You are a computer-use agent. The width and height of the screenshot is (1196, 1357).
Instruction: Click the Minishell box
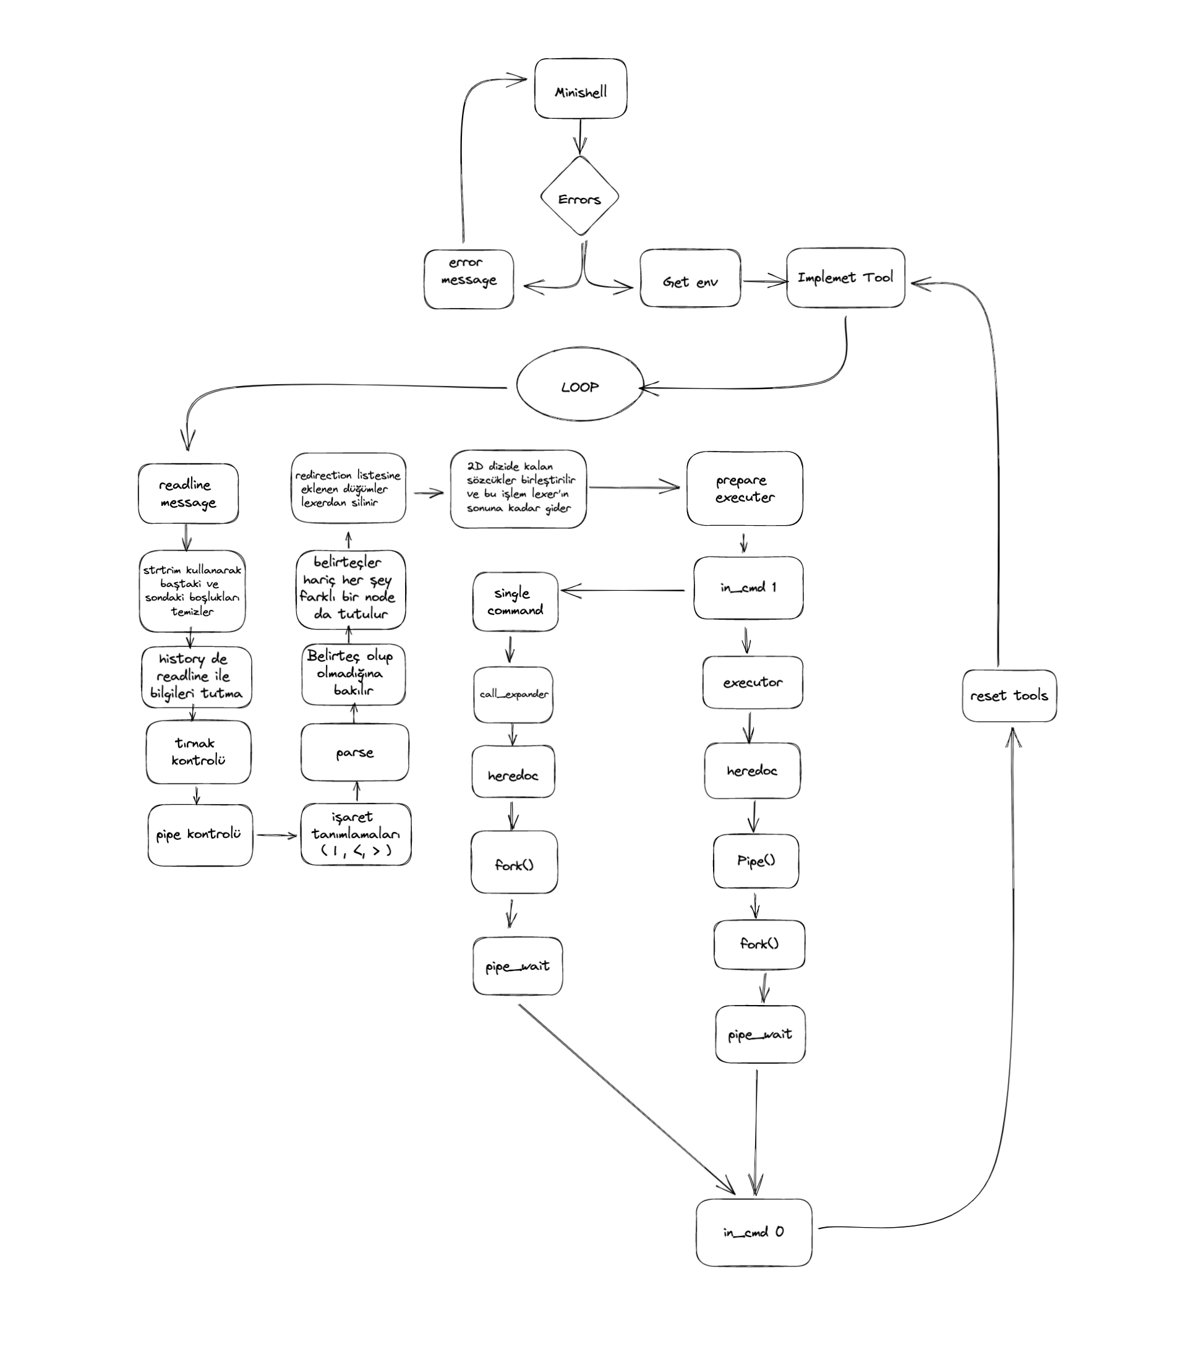pyautogui.click(x=580, y=89)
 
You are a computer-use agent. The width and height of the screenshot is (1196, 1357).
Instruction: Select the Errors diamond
pyautogui.click(x=579, y=197)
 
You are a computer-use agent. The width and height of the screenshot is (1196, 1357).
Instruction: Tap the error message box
pyautogui.click(x=469, y=280)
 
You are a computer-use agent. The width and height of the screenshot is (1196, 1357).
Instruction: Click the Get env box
pyautogui.click(x=690, y=279)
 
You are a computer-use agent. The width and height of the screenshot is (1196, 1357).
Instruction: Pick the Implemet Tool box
pyautogui.click(x=845, y=278)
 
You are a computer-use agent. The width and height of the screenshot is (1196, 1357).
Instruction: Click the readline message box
pyautogui.click(x=188, y=494)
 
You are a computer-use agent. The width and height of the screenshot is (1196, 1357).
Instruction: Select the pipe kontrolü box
pyautogui.click(x=200, y=835)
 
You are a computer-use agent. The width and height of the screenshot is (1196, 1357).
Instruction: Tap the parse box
pyautogui.click(x=354, y=752)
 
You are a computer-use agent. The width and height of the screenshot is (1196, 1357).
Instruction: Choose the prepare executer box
pyautogui.click(x=744, y=489)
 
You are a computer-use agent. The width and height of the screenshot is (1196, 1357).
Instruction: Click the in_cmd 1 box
pyautogui.click(x=748, y=588)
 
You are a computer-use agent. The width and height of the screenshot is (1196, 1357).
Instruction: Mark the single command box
pyautogui.click(x=515, y=601)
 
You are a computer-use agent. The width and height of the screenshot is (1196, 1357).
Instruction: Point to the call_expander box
pyautogui.click(x=513, y=695)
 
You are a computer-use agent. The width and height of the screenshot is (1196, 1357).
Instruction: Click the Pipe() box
pyautogui.click(x=755, y=861)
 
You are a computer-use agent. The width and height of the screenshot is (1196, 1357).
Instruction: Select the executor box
pyautogui.click(x=752, y=682)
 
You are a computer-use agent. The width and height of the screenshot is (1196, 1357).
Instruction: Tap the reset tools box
pyautogui.click(x=1009, y=696)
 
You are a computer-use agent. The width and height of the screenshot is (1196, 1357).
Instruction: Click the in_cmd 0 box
pyautogui.click(x=753, y=1232)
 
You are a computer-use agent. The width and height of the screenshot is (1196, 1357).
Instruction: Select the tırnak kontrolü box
pyautogui.click(x=199, y=752)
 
